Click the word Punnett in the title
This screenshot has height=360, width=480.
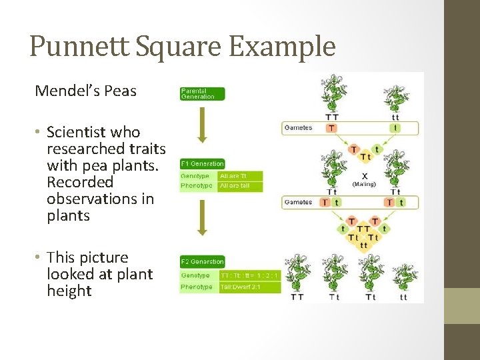point(74,47)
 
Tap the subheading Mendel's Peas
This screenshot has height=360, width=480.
point(85,91)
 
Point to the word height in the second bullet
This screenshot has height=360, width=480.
point(69,291)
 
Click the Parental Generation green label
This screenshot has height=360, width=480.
point(203,93)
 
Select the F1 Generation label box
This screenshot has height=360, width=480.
point(203,163)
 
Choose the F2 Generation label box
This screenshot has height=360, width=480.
point(203,261)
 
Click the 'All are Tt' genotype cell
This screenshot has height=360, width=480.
point(240,176)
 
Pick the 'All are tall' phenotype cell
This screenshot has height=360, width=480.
point(240,186)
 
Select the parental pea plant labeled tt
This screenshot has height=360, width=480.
point(397,100)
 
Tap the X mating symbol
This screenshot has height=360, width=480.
point(364,177)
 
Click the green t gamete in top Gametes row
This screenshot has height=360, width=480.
point(397,127)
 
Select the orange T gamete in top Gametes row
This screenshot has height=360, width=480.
point(331,127)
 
